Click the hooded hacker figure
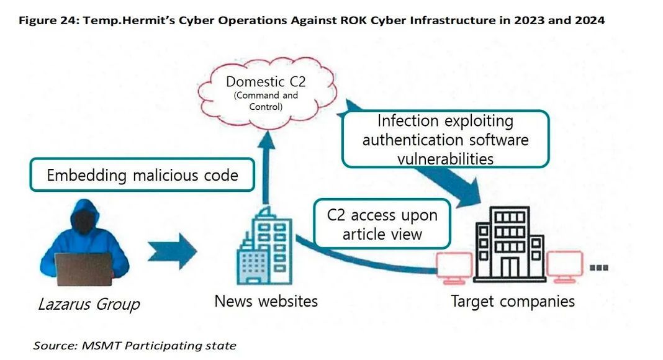point(84,230)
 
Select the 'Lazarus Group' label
point(89,304)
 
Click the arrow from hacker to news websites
point(172,251)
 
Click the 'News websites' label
point(266,302)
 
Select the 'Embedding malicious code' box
point(142,175)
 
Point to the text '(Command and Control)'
point(266,101)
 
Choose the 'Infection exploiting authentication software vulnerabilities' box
point(445,139)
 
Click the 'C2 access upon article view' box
point(382,224)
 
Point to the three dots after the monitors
point(598,268)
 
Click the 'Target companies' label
point(512,302)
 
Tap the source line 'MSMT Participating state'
point(158,346)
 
